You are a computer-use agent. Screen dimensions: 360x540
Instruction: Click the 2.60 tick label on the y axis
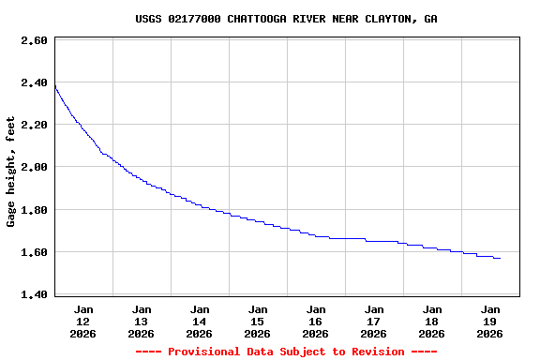34,40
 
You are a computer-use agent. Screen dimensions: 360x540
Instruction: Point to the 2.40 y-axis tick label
34,82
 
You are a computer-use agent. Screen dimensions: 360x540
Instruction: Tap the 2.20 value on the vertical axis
34,125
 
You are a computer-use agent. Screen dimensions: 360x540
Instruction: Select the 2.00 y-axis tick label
34,167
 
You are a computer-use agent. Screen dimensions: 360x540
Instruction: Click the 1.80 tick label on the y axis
34,210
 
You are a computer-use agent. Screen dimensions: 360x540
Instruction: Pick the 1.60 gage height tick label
34,252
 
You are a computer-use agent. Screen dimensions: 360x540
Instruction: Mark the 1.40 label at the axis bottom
34,294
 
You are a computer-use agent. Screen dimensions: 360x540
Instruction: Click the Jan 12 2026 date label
83,321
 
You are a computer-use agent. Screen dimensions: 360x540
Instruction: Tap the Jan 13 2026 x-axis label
142,321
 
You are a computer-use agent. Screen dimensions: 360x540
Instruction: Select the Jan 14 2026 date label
200,321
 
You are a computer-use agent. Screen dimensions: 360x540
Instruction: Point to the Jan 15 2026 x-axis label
258,321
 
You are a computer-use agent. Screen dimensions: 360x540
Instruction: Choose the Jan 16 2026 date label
316,321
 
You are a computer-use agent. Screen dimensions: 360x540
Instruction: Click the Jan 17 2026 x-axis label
374,321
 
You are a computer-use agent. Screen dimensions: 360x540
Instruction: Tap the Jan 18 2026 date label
432,321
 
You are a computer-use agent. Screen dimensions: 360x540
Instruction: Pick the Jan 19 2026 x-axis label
490,321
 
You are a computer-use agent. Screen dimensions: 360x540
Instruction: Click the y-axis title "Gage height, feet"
11,172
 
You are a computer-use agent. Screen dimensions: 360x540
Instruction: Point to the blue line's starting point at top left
55,86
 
